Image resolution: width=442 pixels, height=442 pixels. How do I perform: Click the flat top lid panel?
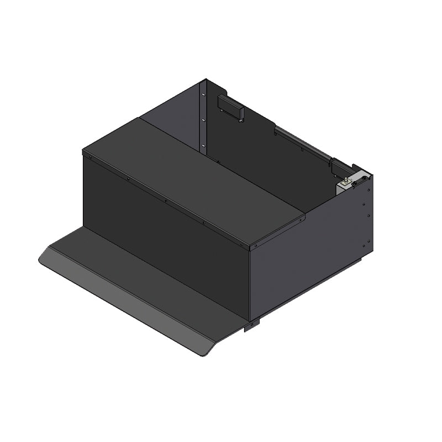[x=193, y=177]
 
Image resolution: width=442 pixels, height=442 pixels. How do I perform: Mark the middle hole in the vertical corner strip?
[x=203, y=120]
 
